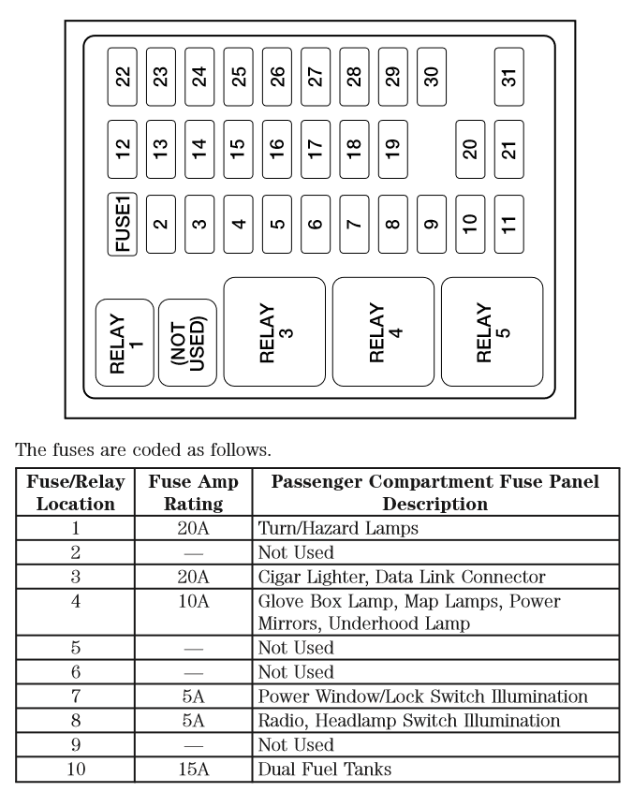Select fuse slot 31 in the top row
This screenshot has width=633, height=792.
coord(508,75)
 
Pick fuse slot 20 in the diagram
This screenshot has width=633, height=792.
coord(471,149)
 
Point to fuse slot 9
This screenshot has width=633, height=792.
coord(432,223)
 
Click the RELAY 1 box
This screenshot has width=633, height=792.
coord(125,343)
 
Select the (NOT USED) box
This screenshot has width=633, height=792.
coord(187,343)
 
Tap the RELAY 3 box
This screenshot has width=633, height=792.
coord(274,331)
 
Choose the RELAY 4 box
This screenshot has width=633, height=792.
coord(384,331)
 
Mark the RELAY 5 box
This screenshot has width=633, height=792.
coord(492,331)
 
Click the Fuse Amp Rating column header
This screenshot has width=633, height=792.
coord(193,493)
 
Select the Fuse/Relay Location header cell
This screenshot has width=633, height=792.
coord(75,493)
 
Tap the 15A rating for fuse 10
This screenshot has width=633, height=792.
coord(193,770)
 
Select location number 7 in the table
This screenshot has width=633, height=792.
coord(75,697)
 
